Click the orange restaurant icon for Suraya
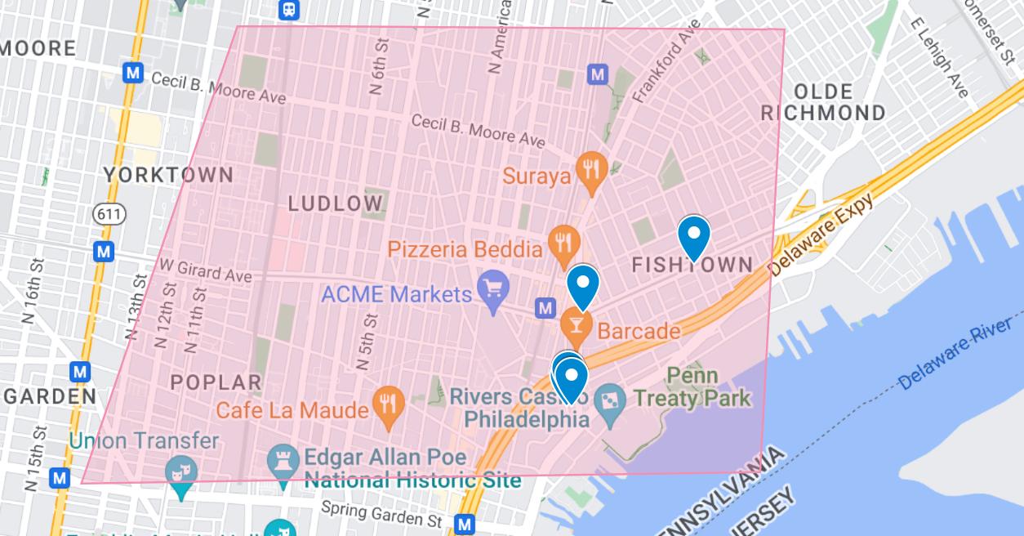click(590, 168)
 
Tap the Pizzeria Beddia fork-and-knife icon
click(563, 242)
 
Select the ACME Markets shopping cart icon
click(493, 288)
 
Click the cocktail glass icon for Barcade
click(577, 325)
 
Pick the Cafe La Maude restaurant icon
click(389, 404)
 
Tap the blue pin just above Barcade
click(583, 285)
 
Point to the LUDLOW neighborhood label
click(336, 203)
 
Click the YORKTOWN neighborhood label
click(169, 175)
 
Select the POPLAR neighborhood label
click(216, 382)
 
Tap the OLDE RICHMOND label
click(823, 102)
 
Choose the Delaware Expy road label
click(821, 234)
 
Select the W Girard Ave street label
click(205, 270)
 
